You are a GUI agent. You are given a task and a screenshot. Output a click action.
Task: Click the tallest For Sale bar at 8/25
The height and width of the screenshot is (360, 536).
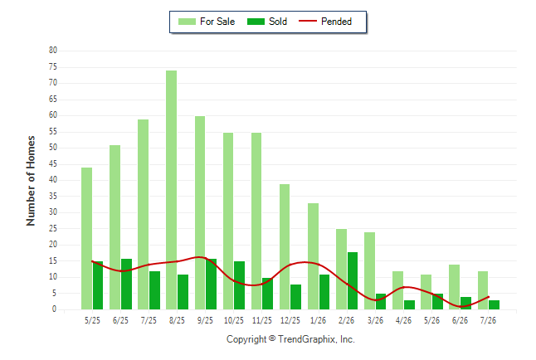171,190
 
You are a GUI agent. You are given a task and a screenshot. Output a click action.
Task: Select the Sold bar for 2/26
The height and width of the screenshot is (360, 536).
353,280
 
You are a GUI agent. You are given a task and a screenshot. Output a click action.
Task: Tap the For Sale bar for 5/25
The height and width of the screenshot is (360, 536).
87,238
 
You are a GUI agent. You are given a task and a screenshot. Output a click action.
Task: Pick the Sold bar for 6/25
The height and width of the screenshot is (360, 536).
126,285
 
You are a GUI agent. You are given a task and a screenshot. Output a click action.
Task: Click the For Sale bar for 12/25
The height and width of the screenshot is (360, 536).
285,247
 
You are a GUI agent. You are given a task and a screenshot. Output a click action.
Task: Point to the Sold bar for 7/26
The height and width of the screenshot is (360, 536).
494,305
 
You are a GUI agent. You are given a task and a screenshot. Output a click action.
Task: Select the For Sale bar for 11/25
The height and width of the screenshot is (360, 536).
256,221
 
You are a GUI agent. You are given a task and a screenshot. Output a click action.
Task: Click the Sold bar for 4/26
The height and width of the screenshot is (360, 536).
409,305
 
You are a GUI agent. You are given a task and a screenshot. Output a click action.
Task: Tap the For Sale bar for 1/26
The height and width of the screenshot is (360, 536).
313,256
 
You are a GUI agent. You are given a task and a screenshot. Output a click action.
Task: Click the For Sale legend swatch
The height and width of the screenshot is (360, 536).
187,22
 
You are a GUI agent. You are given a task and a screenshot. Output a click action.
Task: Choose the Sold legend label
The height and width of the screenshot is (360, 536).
278,22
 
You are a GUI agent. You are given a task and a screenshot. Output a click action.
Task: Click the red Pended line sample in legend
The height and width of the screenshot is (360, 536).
308,21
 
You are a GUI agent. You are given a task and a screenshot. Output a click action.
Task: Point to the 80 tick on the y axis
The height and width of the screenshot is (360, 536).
53,51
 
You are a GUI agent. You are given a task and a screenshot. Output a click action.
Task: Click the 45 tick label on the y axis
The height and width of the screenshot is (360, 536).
53,164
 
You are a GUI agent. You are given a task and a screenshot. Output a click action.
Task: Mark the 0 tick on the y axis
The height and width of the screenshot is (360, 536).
55,309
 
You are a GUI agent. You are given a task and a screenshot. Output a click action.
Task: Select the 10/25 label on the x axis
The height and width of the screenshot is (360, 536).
234,320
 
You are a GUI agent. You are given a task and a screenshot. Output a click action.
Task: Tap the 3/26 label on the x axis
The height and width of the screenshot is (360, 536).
375,320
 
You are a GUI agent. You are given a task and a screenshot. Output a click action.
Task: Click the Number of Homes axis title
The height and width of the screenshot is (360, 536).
31,181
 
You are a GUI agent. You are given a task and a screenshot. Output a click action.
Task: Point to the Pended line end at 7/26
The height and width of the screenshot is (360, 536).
489,297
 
